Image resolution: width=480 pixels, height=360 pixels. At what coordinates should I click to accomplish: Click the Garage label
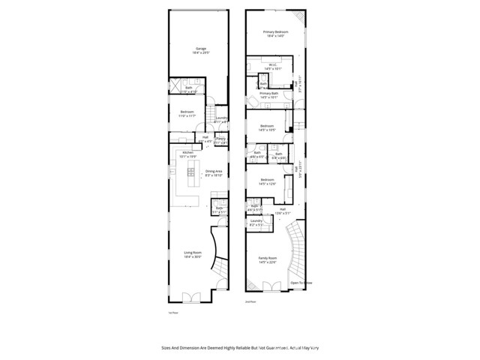pyautogui.click(x=200, y=50)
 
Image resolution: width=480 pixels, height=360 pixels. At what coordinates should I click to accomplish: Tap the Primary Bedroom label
pyautogui.click(x=275, y=34)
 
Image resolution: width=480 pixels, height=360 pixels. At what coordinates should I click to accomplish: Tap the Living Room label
pyautogui.click(x=193, y=254)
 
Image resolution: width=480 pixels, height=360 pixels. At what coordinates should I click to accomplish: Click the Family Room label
pyautogui.click(x=267, y=260)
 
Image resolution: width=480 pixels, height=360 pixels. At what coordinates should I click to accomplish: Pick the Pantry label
pyautogui.click(x=221, y=140)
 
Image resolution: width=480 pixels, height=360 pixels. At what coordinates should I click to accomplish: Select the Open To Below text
pyautogui.click(x=300, y=283)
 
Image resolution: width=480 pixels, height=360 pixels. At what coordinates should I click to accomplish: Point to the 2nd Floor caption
pyautogui.click(x=250, y=301)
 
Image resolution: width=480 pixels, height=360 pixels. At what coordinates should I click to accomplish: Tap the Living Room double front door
pyautogui.click(x=192, y=298)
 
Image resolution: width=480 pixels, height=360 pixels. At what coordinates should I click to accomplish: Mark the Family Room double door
pyautogui.click(x=270, y=286)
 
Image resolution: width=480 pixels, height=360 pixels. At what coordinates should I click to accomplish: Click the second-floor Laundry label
pyautogui.click(x=256, y=222)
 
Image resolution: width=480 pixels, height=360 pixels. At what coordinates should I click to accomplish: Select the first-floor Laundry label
pyautogui.click(x=221, y=120)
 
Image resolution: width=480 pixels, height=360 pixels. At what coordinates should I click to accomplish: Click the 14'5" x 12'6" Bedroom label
pyautogui.click(x=268, y=181)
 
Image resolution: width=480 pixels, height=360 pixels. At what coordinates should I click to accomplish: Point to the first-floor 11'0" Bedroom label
pyautogui.click(x=187, y=114)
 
